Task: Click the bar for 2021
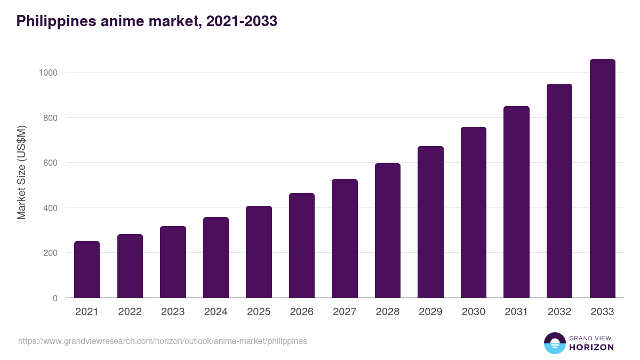tap(87, 269)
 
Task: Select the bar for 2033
tap(602, 179)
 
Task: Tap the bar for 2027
tap(345, 238)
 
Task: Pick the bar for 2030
tap(474, 212)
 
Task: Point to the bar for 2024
tap(216, 258)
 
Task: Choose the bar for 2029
tap(430, 222)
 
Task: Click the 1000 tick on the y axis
tap(48, 73)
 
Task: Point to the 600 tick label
tap(50, 163)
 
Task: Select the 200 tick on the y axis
tap(50, 253)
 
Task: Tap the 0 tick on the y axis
tap(55, 298)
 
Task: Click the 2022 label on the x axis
tap(130, 312)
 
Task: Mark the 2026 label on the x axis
tap(302, 312)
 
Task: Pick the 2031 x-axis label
tap(516, 312)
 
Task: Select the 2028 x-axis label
tap(388, 312)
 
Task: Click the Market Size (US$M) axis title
tap(21, 173)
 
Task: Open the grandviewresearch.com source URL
tap(162, 341)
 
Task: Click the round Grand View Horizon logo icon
tap(554, 343)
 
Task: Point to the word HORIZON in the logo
tap(591, 347)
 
